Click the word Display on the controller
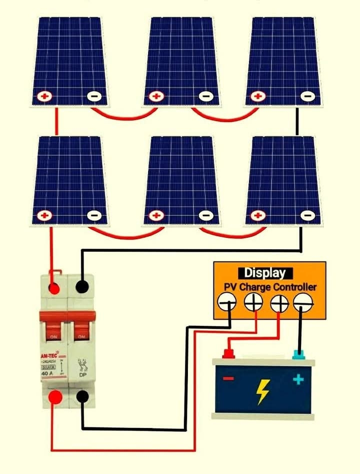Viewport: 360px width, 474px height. pos(265,273)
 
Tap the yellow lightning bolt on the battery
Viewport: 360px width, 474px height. pos(263,391)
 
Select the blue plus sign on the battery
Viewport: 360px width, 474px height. pos(298,379)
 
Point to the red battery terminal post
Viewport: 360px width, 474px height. pos(228,354)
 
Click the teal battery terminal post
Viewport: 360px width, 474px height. pos(298,354)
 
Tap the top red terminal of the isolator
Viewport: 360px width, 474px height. pos(54,288)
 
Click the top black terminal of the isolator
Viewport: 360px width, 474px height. pos(82,287)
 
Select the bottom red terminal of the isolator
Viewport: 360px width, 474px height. pos(55,398)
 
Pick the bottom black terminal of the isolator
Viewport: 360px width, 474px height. pos(83,397)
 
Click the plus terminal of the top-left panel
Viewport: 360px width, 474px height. pos(45,96)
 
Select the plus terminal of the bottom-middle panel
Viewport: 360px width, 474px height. pos(156,216)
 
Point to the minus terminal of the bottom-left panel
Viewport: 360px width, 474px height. pos(93,216)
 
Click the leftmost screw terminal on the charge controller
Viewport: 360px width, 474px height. pos(227,302)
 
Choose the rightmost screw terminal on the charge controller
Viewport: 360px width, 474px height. pos(303,302)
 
